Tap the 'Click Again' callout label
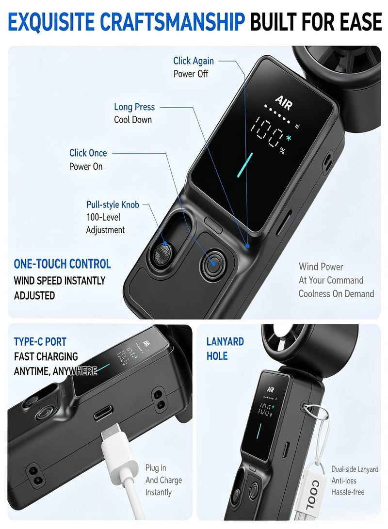pyautogui.click(x=194, y=61)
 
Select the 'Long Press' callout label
pyautogui.click(x=134, y=107)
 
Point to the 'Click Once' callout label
pyautogui.click(x=88, y=153)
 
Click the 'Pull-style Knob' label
pyautogui.click(x=113, y=205)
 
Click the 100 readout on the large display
pyautogui.click(x=267, y=132)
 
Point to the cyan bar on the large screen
pyautogui.click(x=245, y=165)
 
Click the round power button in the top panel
pyautogui.click(x=213, y=263)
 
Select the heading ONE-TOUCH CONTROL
pyautogui.click(x=63, y=264)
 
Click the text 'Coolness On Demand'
pyautogui.click(x=337, y=294)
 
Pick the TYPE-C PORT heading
pyautogui.click(x=40, y=342)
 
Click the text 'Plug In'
pyautogui.click(x=156, y=468)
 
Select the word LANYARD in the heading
pyautogui.click(x=225, y=342)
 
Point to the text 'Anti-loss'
pyautogui.click(x=344, y=481)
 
